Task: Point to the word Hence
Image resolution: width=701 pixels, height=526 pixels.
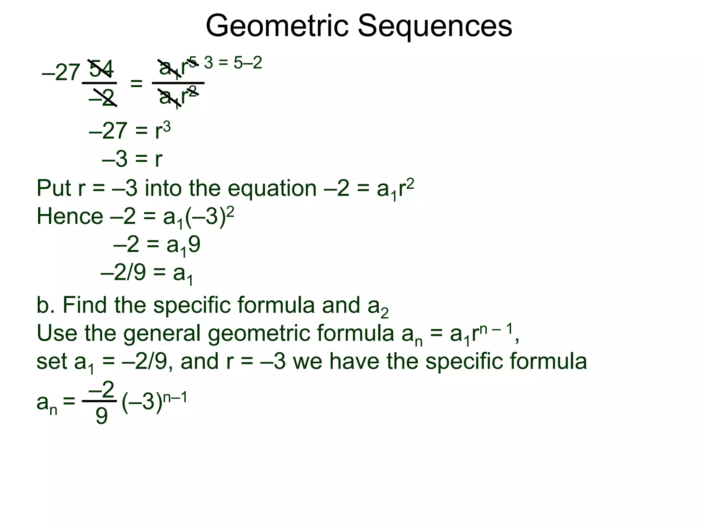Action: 69,216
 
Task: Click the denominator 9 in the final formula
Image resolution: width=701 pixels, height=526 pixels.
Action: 101,416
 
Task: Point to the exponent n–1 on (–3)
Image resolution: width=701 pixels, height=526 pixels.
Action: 175,398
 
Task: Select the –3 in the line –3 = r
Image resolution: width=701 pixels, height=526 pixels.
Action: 115,159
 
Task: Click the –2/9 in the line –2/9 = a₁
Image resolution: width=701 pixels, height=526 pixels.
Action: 123,273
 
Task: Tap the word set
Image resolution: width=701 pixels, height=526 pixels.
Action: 52,362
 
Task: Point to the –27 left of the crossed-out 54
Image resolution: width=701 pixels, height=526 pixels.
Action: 61,73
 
